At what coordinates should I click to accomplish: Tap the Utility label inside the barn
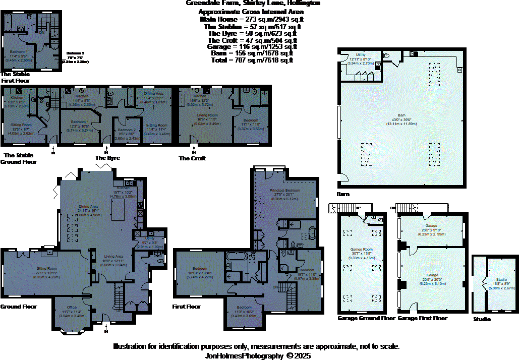(x=361, y=54)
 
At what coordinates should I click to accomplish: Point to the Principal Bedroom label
(x=285, y=190)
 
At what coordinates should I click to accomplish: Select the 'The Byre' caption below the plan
(x=107, y=158)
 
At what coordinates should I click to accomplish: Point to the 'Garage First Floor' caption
(x=422, y=319)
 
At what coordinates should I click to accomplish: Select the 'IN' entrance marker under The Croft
(x=194, y=152)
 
